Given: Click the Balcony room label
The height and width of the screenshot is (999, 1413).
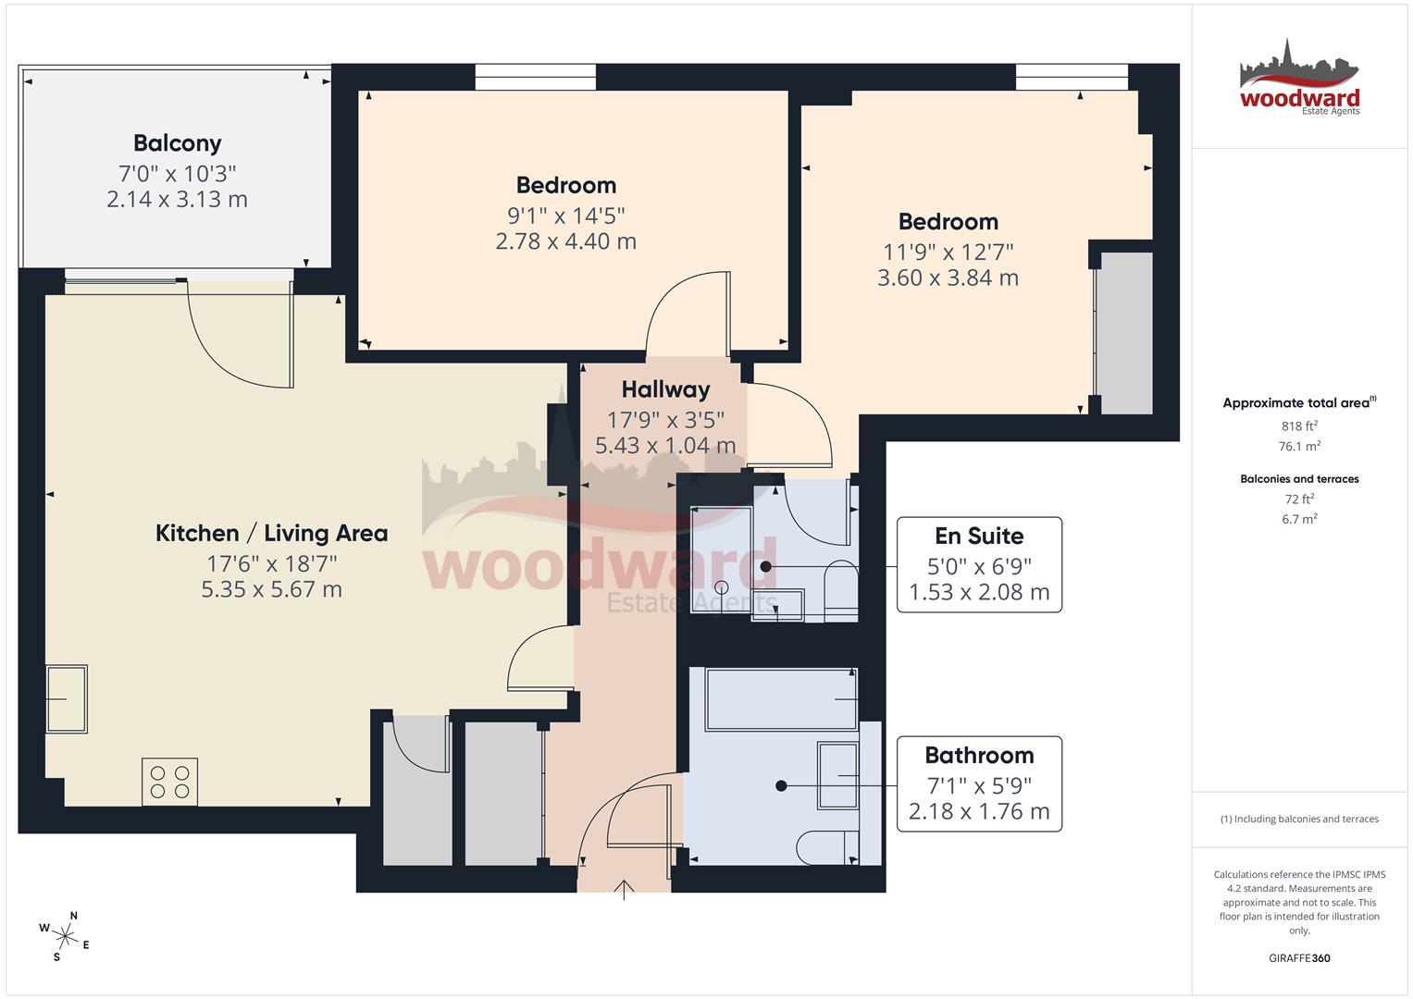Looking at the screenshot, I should [177, 143].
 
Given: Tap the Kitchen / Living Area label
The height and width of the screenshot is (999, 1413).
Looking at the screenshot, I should [271, 533].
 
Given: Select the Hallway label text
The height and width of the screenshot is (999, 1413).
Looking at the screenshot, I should [665, 389].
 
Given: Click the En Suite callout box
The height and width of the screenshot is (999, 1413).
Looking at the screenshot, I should [979, 564].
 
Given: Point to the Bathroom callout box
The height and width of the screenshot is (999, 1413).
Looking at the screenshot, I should [979, 783].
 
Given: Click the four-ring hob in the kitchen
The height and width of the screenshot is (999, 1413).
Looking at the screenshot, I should [169, 781].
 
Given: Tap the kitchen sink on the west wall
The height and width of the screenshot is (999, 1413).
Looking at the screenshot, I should [66, 698].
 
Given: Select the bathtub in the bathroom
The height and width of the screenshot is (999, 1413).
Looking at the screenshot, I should [781, 699].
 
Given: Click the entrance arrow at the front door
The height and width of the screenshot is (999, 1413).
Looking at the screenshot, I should [625, 890].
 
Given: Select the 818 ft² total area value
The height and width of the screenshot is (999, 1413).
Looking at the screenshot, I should [1299, 426].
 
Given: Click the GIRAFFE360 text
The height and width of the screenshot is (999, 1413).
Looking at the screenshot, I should [1299, 958].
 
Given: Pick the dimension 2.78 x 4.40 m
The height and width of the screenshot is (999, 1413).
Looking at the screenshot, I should [565, 241].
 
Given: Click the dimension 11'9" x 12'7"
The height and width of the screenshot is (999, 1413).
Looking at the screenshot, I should [948, 252].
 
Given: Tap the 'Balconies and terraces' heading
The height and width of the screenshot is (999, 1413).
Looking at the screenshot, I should [1299, 479].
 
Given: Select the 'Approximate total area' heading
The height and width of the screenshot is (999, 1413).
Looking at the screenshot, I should [1298, 403].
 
